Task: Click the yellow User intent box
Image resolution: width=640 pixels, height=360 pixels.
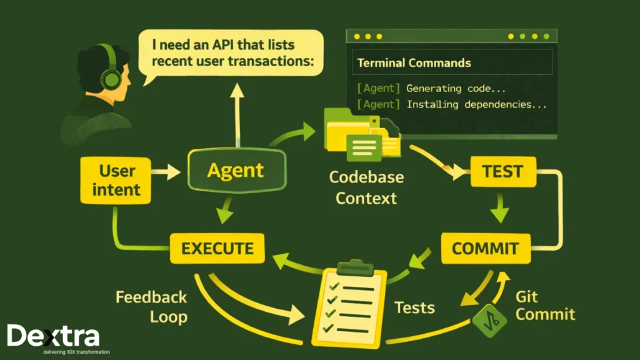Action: pos(116,180)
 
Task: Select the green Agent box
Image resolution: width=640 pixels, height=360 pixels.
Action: pos(236,170)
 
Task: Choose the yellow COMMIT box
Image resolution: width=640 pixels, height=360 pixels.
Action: pos(485,248)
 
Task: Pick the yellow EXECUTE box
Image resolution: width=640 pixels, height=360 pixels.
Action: pos(217,248)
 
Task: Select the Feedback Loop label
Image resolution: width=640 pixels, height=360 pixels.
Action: pos(151,306)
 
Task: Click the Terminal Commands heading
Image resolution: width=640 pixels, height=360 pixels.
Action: pos(414,63)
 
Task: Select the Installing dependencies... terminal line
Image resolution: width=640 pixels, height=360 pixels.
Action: pos(451,104)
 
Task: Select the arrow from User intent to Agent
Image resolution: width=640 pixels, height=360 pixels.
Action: pos(167,170)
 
